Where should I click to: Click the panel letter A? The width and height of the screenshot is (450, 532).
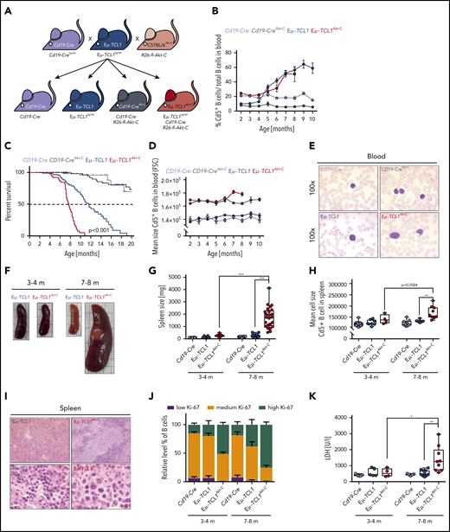[x=7, y=8]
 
